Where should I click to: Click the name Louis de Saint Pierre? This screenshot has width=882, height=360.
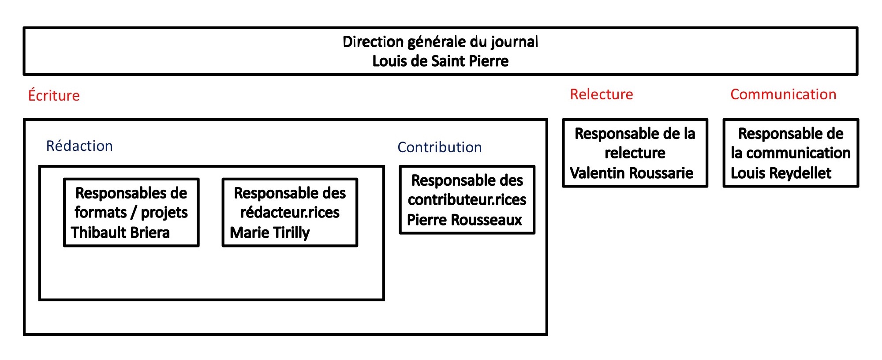(x=441, y=61)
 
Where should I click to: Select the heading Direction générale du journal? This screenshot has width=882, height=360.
(x=441, y=42)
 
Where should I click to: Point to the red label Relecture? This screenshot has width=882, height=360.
(x=602, y=94)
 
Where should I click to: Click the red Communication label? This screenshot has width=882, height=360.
(x=783, y=94)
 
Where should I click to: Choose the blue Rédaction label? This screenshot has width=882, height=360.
(x=79, y=146)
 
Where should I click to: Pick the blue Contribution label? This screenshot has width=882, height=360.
(x=440, y=147)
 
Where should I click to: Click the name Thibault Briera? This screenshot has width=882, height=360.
(x=120, y=232)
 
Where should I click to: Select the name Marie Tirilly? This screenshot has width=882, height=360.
(x=270, y=232)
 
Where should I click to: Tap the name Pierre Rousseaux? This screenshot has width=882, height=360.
(x=464, y=219)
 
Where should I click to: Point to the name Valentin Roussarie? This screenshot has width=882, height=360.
(x=632, y=172)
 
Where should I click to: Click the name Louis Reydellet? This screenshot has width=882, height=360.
(x=781, y=173)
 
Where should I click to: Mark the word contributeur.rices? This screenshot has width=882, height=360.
(x=467, y=200)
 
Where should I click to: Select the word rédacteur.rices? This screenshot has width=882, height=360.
(x=290, y=212)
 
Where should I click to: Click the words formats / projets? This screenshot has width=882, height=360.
(x=131, y=213)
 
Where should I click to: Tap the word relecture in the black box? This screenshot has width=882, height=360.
(x=635, y=153)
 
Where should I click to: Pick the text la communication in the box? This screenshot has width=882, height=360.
(x=791, y=153)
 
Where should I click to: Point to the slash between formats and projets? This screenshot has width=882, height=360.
(x=134, y=212)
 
